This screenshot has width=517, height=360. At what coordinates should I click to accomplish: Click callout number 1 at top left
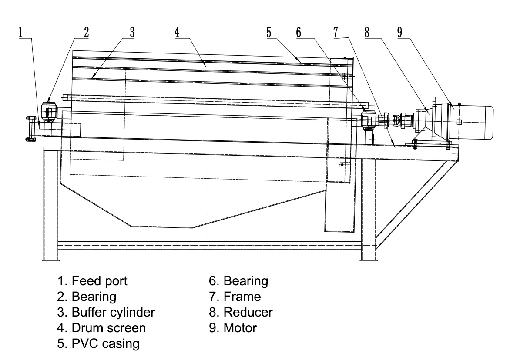(x=21, y=32)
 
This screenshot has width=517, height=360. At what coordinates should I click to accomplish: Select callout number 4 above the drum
(x=177, y=32)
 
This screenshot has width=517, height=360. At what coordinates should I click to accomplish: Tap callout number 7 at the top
(x=336, y=32)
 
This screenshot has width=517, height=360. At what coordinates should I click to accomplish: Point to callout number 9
(x=399, y=32)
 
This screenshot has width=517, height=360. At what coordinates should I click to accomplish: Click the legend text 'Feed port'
(x=99, y=281)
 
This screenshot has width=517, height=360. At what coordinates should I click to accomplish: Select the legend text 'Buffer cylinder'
(x=114, y=312)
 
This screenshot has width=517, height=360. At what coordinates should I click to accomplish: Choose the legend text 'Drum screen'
(x=109, y=328)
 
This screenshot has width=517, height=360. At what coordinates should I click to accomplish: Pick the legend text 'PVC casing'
(x=105, y=343)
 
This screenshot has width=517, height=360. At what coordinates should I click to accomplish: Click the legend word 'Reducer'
(x=248, y=312)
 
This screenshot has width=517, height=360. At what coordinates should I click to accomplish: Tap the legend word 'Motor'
(x=240, y=328)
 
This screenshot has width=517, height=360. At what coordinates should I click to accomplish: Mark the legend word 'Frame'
(x=242, y=297)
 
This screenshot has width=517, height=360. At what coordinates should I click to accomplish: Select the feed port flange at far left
(x=31, y=128)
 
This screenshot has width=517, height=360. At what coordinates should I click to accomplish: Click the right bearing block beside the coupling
(x=369, y=120)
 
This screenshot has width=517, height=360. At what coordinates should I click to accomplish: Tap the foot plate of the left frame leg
(x=51, y=260)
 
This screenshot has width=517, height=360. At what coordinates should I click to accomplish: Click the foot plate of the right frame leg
(x=369, y=260)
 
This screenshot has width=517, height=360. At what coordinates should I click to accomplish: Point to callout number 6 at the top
(x=299, y=32)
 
